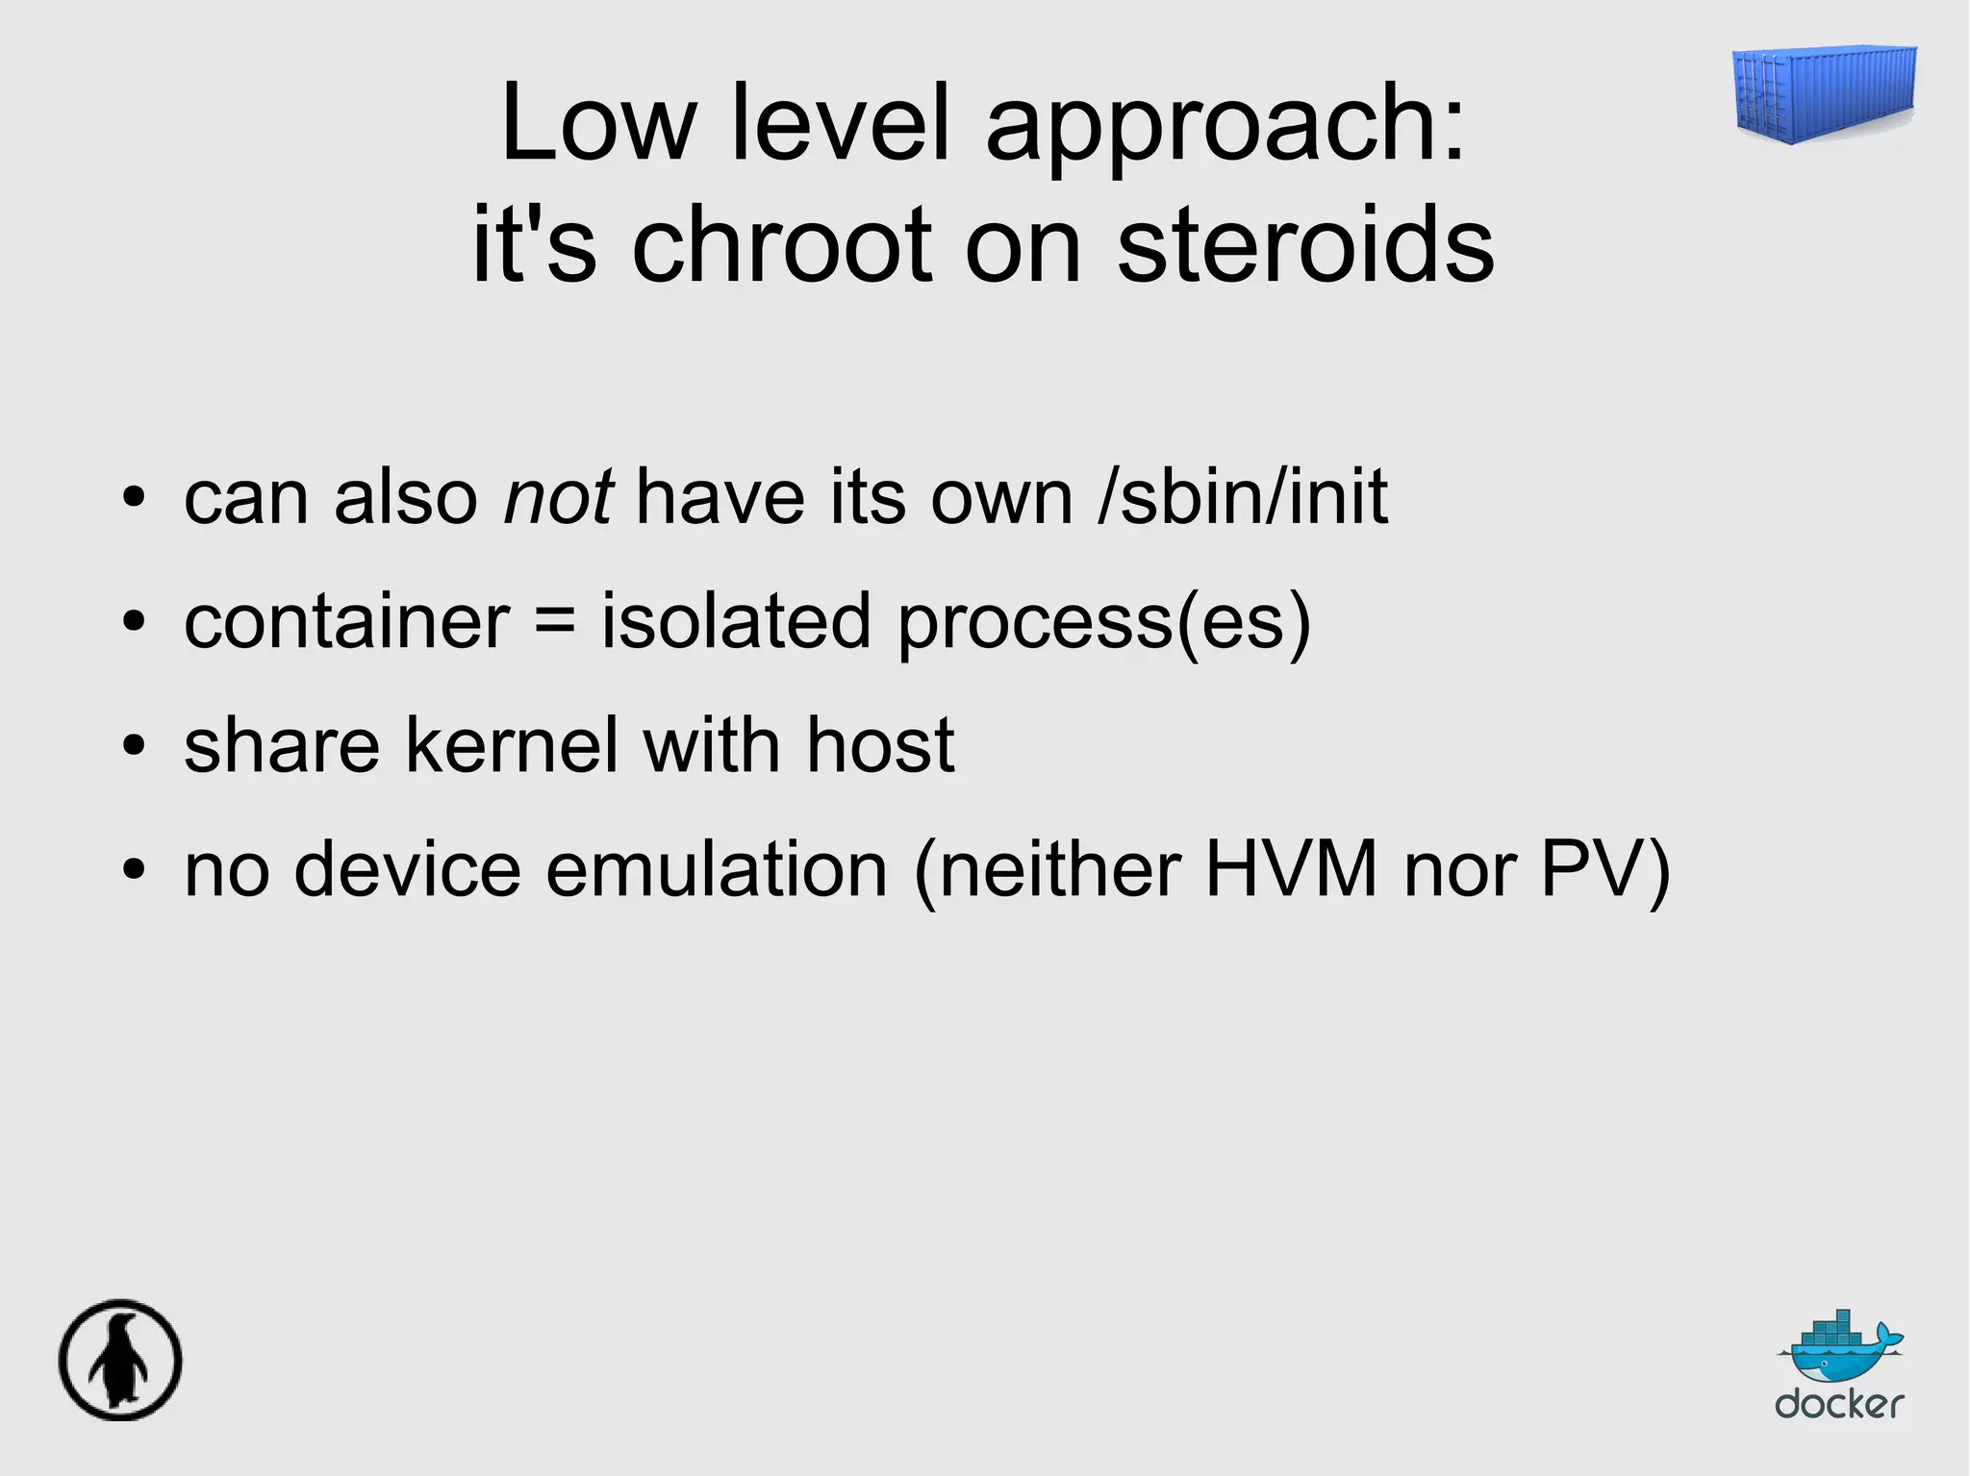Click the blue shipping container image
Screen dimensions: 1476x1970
[x=1824, y=95]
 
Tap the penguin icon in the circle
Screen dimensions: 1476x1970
[x=120, y=1360]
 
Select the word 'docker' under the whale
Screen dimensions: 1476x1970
[x=1839, y=1403]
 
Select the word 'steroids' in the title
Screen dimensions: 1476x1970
[x=1305, y=244]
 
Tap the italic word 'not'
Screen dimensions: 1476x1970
[x=559, y=497]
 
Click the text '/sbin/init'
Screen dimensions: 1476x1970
[x=1243, y=497]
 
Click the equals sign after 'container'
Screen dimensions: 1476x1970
[x=555, y=620]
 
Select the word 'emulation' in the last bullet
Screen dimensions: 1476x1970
[x=717, y=868]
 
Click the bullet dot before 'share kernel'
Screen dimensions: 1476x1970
[x=134, y=746]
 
